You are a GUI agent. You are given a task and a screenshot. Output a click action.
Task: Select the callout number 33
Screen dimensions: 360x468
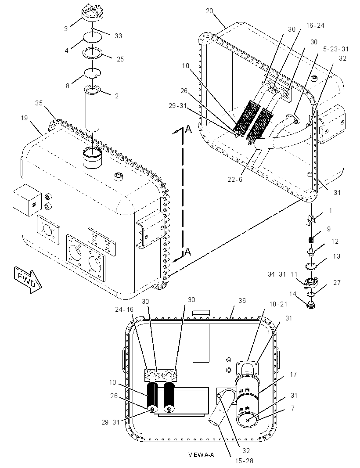(118, 36)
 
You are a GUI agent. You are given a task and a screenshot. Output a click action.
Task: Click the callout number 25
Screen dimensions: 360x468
(120, 59)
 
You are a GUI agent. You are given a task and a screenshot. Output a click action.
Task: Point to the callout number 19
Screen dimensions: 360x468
(24, 118)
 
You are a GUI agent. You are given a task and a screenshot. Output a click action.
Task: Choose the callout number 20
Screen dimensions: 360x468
(209, 11)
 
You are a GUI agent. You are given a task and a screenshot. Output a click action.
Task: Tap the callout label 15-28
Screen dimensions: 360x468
(244, 461)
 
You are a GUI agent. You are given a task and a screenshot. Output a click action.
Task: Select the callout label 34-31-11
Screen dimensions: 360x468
(283, 274)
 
